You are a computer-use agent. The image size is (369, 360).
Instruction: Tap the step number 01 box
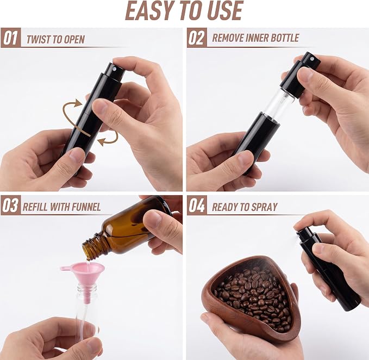(11, 38)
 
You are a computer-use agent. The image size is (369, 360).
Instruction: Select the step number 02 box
(197, 38)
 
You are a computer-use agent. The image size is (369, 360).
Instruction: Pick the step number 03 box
(11, 205)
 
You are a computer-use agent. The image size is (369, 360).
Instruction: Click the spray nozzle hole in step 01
(115, 69)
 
